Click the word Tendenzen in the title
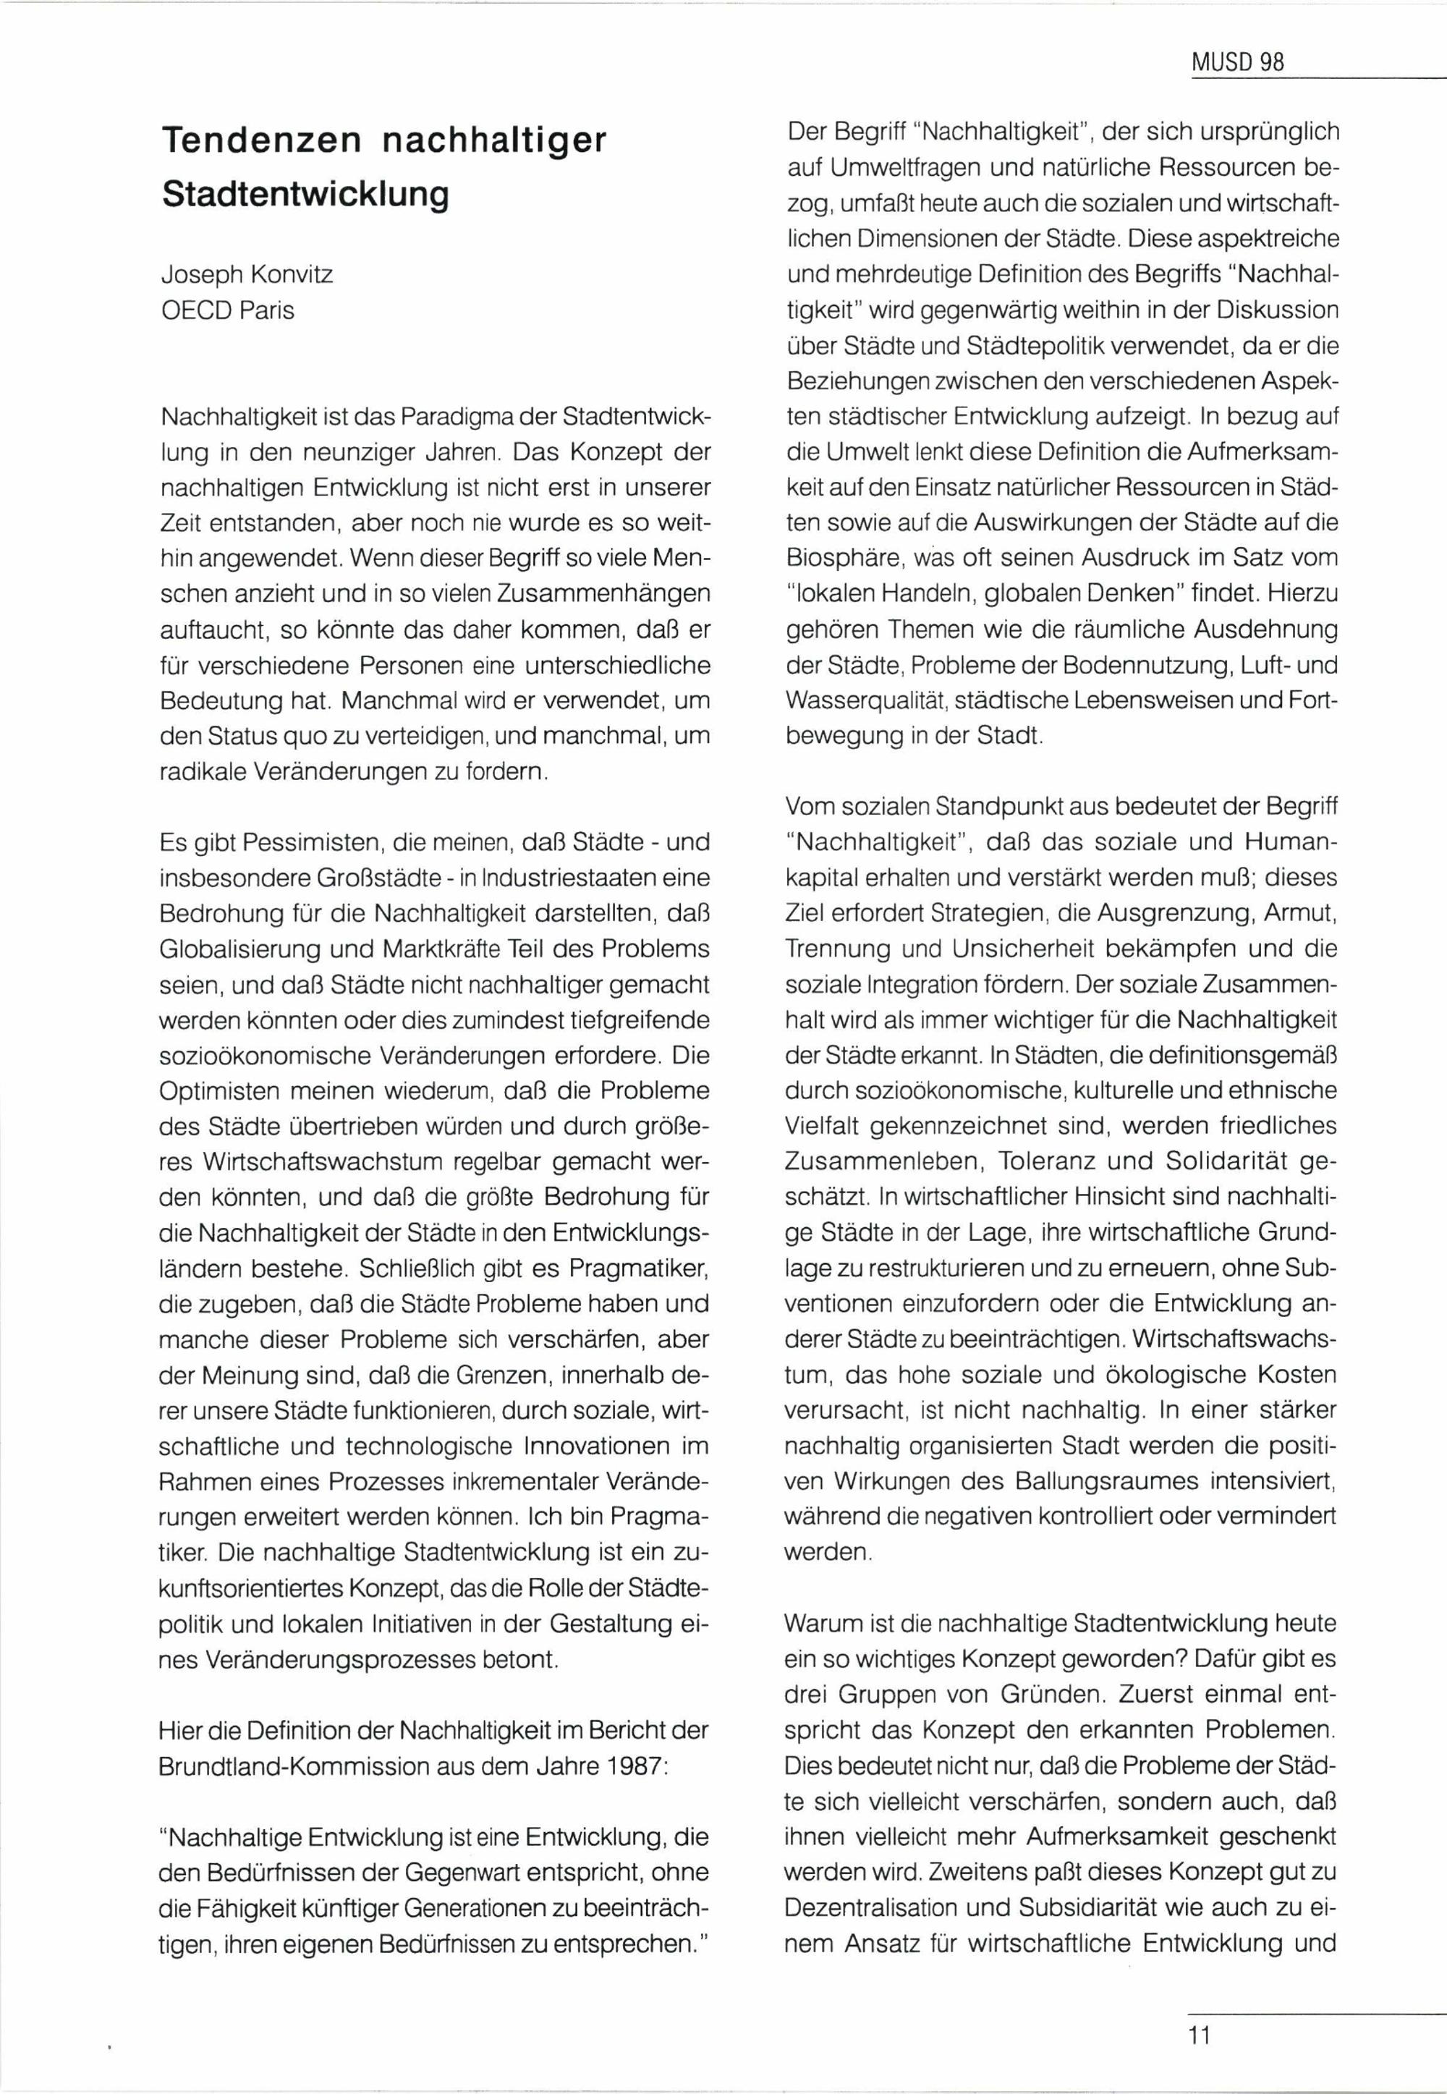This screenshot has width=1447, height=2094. point(260,141)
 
